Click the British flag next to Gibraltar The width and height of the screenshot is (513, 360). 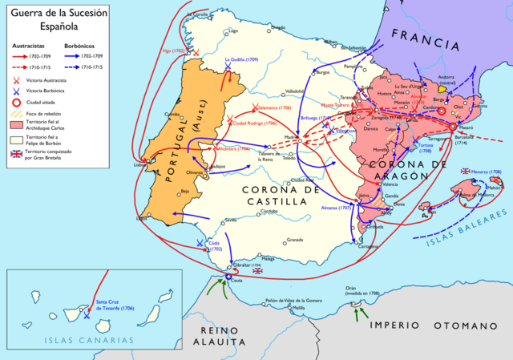pyautogui.click(x=258, y=272)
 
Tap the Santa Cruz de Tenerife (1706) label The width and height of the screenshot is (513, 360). pyautogui.click(x=117, y=305)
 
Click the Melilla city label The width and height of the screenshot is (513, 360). pyautogui.click(x=298, y=308)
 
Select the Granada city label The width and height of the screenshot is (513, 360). pyautogui.click(x=295, y=240)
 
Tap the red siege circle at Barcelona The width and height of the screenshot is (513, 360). pyautogui.click(x=453, y=127)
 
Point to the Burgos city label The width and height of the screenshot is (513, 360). pyautogui.click(x=323, y=72)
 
